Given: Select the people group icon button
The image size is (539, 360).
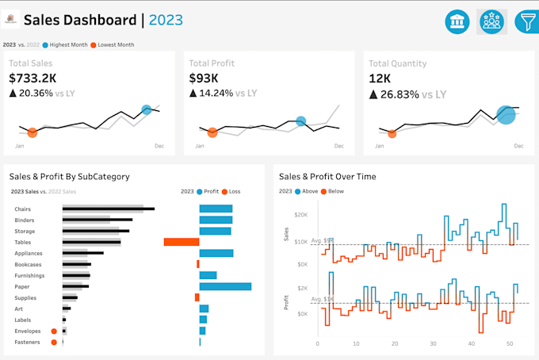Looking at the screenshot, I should click(x=491, y=22).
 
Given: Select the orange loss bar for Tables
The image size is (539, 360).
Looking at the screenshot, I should click(x=181, y=242).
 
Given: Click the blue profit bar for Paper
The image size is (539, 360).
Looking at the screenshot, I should click(x=225, y=286).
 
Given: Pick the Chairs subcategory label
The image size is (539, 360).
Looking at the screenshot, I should click(x=23, y=209).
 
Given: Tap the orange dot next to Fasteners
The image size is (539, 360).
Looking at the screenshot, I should click(x=54, y=343).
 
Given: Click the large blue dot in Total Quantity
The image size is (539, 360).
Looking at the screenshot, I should click(x=506, y=115).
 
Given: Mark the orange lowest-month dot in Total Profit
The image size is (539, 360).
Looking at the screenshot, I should click(x=212, y=133).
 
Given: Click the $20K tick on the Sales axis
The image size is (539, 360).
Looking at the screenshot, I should click(x=301, y=215).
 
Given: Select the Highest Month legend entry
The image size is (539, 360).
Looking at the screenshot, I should click(x=65, y=45).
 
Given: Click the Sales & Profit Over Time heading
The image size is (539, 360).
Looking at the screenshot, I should click(x=328, y=177).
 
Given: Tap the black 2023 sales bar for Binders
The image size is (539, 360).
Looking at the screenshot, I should click(x=97, y=220).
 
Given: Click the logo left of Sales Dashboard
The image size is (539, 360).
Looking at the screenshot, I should click(x=11, y=20).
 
